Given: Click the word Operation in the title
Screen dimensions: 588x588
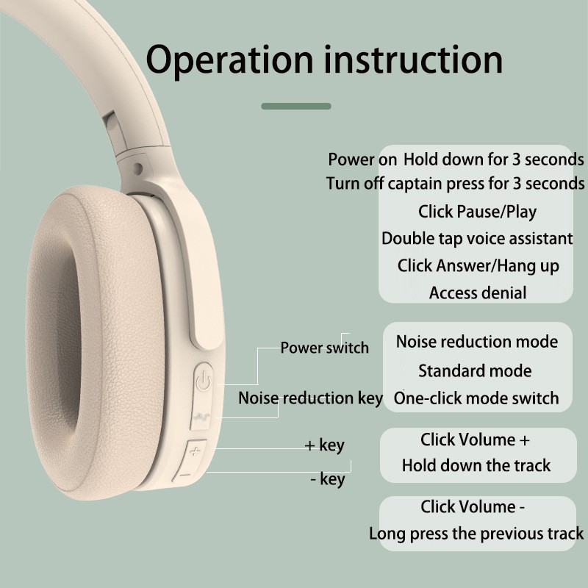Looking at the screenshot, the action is coord(229,60).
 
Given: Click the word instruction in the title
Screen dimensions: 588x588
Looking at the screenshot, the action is coord(413,60).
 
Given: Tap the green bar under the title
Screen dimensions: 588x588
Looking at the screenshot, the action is coord(296,106).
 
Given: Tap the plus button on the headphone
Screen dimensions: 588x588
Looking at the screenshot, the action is coord(195,451).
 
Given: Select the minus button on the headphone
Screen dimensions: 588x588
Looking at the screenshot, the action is coord(185,475).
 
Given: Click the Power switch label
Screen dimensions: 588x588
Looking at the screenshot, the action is coord(324,348).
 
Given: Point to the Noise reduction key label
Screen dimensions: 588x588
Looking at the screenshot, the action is coord(310,398).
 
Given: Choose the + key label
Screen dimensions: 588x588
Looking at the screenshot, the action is coord(324,445).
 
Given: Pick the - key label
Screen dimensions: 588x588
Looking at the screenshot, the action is coord(328,479).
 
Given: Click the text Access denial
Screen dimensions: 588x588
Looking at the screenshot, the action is coord(477,293).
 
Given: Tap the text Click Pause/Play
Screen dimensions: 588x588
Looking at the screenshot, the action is coord(477,212).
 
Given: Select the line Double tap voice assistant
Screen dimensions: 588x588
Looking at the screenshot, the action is coord(477,238).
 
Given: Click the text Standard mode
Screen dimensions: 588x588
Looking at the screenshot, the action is coord(475,371).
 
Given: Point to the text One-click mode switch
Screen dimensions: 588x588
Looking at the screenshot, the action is coord(476,398).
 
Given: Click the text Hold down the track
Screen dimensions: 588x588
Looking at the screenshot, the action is coord(476,465).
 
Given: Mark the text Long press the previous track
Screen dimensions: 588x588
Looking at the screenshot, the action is coord(476,534).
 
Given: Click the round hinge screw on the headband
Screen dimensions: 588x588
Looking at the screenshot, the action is coord(138,168).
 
